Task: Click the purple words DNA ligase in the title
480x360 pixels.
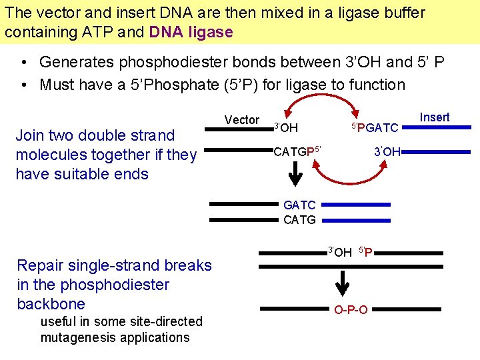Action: [x=191, y=31]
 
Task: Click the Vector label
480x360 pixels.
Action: [x=241, y=120]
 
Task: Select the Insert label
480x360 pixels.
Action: [x=435, y=117]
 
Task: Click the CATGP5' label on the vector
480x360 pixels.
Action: [x=298, y=151]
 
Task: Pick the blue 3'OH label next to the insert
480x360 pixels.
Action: [x=387, y=152]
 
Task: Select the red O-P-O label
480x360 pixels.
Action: [x=351, y=310]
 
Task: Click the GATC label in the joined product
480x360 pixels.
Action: [x=299, y=205]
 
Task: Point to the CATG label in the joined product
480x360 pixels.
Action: [x=299, y=219]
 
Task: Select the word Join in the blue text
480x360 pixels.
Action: [x=29, y=135]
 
